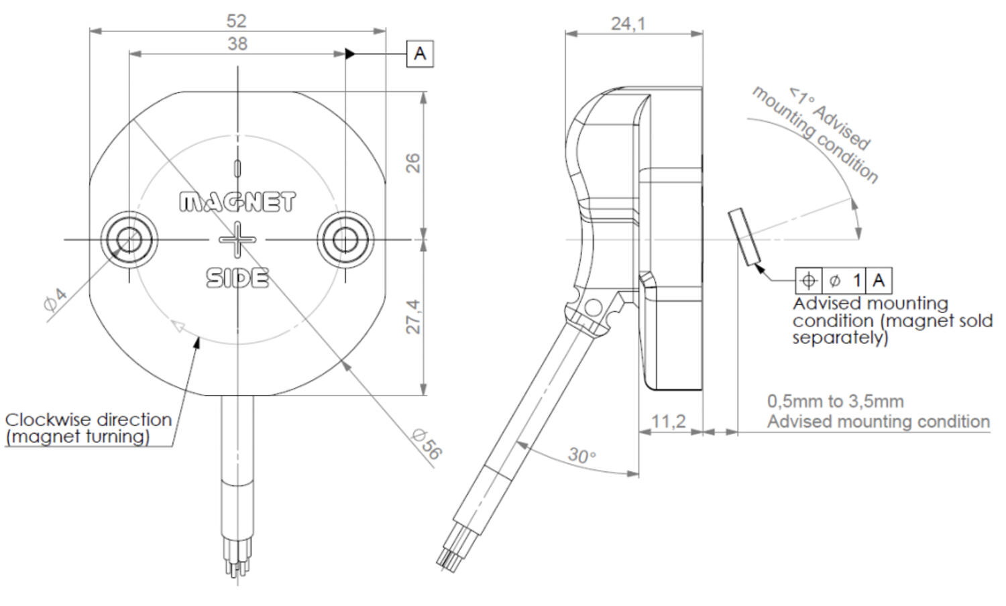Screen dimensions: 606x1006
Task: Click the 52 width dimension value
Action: point(237,21)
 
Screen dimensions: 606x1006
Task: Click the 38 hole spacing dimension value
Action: point(237,44)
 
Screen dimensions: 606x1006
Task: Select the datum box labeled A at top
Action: point(420,54)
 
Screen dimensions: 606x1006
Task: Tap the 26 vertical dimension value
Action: point(414,163)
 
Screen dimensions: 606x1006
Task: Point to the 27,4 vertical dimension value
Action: point(414,316)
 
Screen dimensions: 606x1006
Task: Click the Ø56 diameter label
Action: point(427,444)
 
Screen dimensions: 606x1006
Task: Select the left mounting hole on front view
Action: point(129,239)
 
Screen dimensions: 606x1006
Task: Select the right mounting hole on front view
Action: point(345,239)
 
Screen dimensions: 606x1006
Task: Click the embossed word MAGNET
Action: point(237,202)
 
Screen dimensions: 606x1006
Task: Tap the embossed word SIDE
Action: point(237,278)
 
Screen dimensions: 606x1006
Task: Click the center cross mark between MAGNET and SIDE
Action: point(237,239)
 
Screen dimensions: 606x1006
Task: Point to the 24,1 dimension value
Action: point(628,24)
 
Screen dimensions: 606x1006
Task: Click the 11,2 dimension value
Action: point(669,421)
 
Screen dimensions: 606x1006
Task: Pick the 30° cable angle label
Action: point(581,456)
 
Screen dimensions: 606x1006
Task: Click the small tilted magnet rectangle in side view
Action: point(744,236)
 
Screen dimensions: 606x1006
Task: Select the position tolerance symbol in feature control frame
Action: point(808,280)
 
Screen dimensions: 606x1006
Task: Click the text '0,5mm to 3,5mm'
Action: point(835,402)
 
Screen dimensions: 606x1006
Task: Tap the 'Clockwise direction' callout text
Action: point(88,420)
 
